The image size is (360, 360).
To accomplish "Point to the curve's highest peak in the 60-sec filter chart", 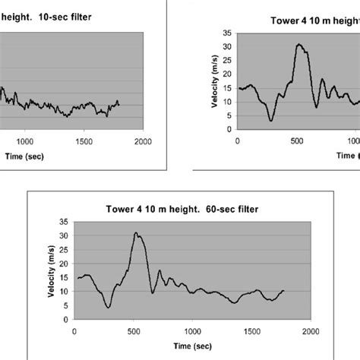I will tap(136, 233).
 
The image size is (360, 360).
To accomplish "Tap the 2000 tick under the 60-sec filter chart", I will tap(309, 332).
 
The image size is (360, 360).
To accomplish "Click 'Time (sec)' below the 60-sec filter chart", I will tap(191, 346).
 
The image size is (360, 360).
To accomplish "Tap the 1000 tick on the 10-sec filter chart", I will tap(25, 141).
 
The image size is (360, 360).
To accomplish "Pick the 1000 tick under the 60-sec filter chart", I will tap(191, 332).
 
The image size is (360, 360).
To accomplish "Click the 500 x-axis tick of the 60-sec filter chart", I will tap(132, 332).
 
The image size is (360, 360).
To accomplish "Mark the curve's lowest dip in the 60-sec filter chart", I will tap(109, 307).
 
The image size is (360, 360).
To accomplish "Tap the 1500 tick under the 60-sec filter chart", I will tap(250, 332).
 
